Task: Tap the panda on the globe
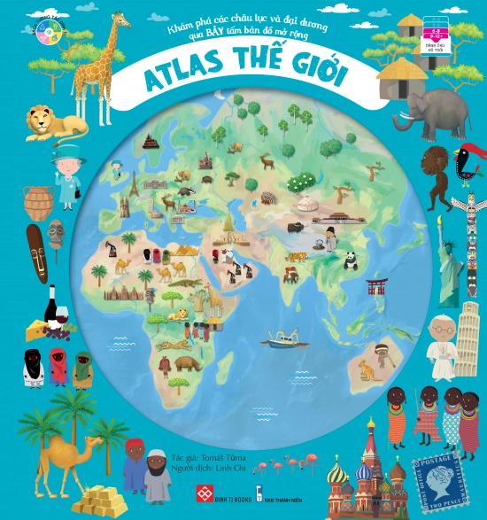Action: point(350,260)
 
